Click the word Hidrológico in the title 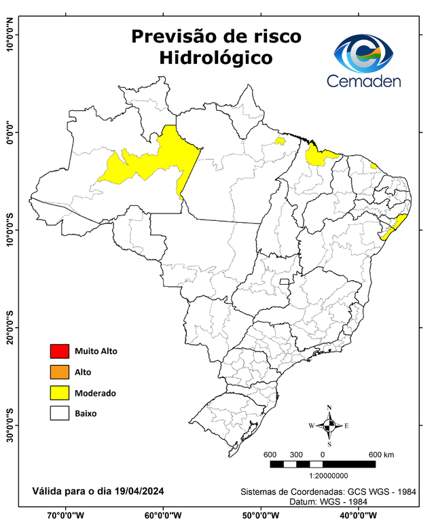[216, 58]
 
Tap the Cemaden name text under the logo [364, 81]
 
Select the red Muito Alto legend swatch [60, 351]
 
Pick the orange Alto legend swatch [60, 372]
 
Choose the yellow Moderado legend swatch [60, 393]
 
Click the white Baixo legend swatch [60, 413]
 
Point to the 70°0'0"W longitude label [65, 515]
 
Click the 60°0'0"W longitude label [163, 515]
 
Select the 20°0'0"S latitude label [10, 328]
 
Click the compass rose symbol [329, 425]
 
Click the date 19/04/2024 [139, 491]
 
